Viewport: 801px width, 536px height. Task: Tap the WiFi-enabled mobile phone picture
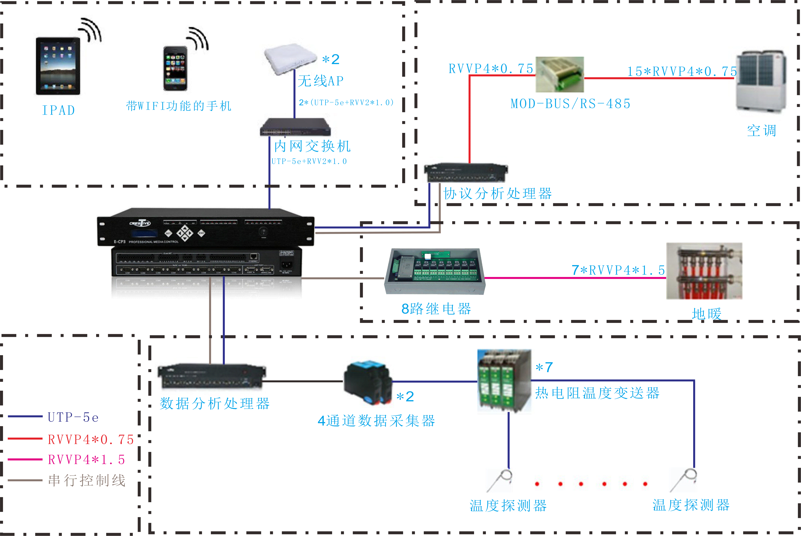click(x=175, y=68)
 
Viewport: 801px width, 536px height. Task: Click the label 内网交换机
click(x=312, y=146)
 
